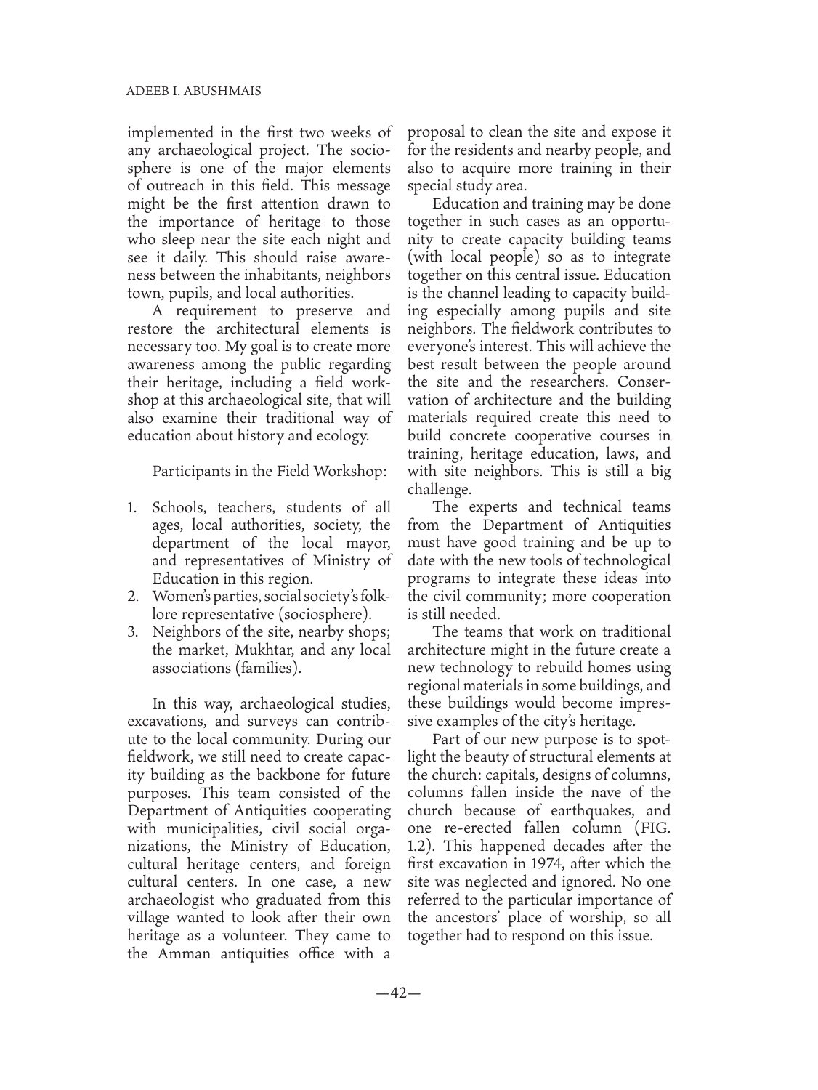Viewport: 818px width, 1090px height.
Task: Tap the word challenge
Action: (439, 489)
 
